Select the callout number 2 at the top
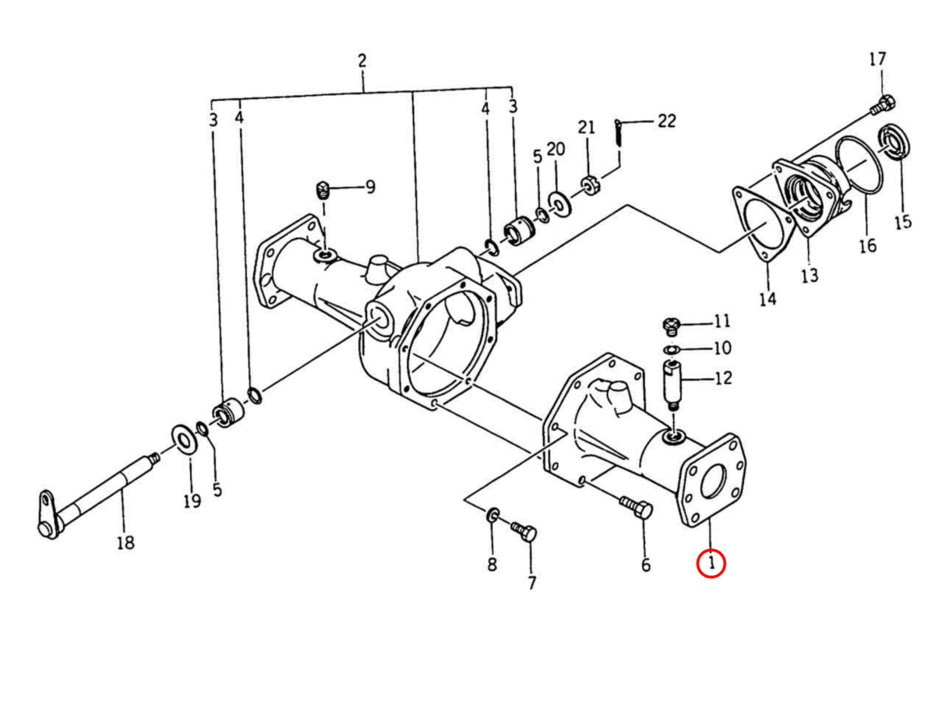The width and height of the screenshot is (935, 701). [x=362, y=61]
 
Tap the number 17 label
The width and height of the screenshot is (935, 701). [x=877, y=59]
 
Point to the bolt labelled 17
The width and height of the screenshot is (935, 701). [x=884, y=104]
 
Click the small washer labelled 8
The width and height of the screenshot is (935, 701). [x=492, y=515]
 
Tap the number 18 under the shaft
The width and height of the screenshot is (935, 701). [x=125, y=542]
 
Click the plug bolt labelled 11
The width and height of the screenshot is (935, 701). [x=672, y=323]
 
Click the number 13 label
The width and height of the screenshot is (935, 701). [x=810, y=275]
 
